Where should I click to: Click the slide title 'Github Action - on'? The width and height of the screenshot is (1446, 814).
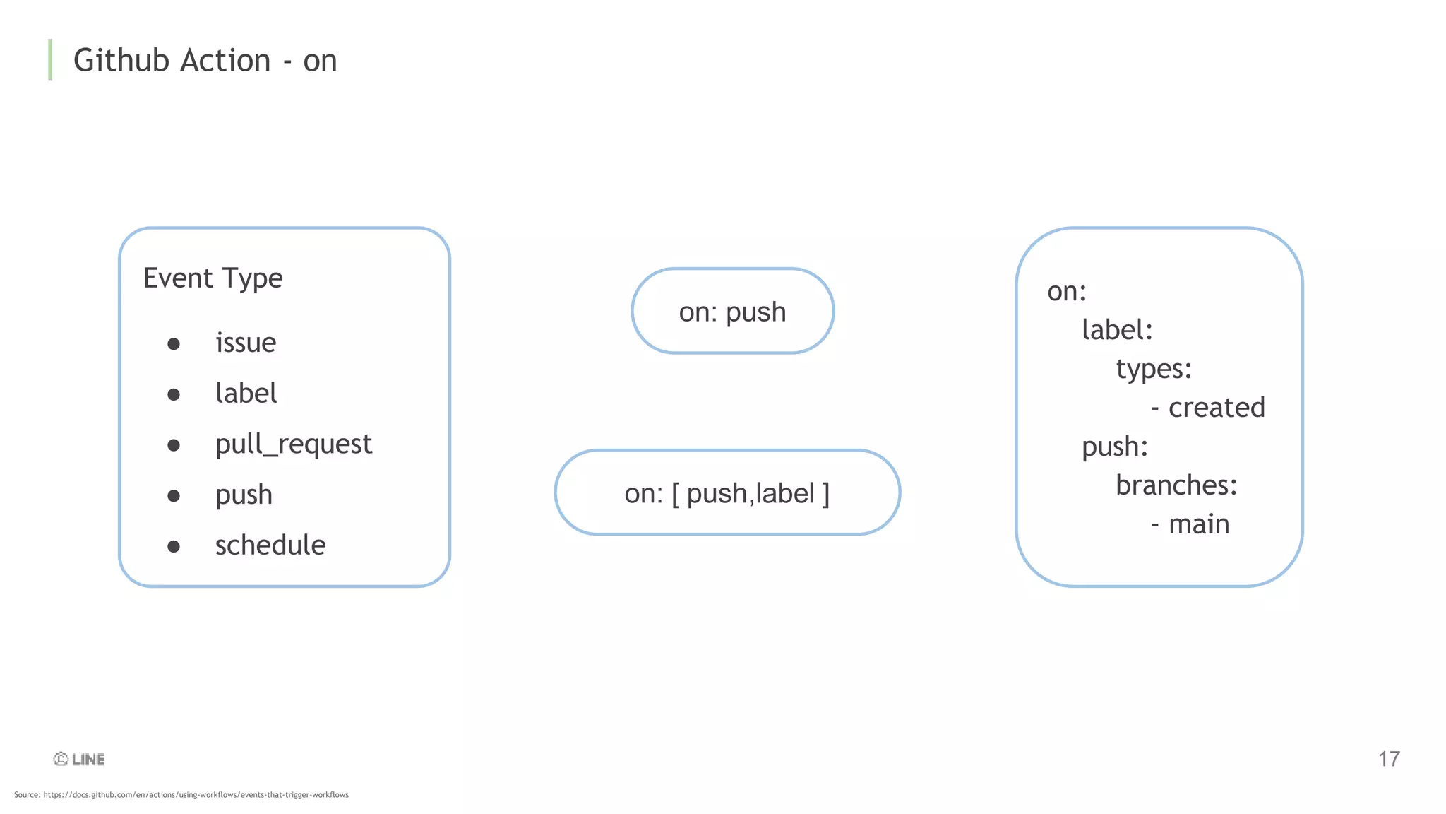[x=205, y=60]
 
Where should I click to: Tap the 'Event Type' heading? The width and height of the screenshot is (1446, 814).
[x=213, y=278]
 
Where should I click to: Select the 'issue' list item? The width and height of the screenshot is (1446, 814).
[x=246, y=343]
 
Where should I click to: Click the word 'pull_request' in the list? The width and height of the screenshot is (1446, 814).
[x=293, y=444]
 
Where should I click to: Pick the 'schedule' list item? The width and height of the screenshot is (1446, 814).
[x=270, y=545]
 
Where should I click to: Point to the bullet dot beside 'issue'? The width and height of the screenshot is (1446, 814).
[x=174, y=344]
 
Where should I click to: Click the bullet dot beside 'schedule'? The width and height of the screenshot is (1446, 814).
[x=174, y=546]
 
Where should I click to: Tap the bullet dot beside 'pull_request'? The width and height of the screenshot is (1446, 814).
[x=174, y=445]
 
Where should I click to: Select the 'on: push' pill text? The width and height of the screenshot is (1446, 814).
[x=732, y=312]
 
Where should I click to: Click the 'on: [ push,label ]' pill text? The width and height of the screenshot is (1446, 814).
[x=727, y=493]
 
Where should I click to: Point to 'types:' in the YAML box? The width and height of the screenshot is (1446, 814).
[x=1154, y=369]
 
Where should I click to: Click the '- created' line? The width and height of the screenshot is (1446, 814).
[x=1208, y=408]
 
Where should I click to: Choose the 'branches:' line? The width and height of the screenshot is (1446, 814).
[x=1176, y=485]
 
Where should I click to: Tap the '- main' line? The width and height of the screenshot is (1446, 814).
[x=1190, y=524]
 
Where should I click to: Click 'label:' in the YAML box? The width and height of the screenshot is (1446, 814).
[x=1117, y=330]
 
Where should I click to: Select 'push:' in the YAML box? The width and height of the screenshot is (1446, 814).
[x=1115, y=447]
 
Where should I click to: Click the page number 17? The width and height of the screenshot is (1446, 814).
[x=1389, y=759]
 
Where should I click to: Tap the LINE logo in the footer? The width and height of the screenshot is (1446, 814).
[x=80, y=759]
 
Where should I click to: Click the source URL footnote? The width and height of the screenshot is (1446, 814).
[x=181, y=795]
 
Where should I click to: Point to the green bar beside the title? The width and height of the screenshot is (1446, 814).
[x=50, y=59]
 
